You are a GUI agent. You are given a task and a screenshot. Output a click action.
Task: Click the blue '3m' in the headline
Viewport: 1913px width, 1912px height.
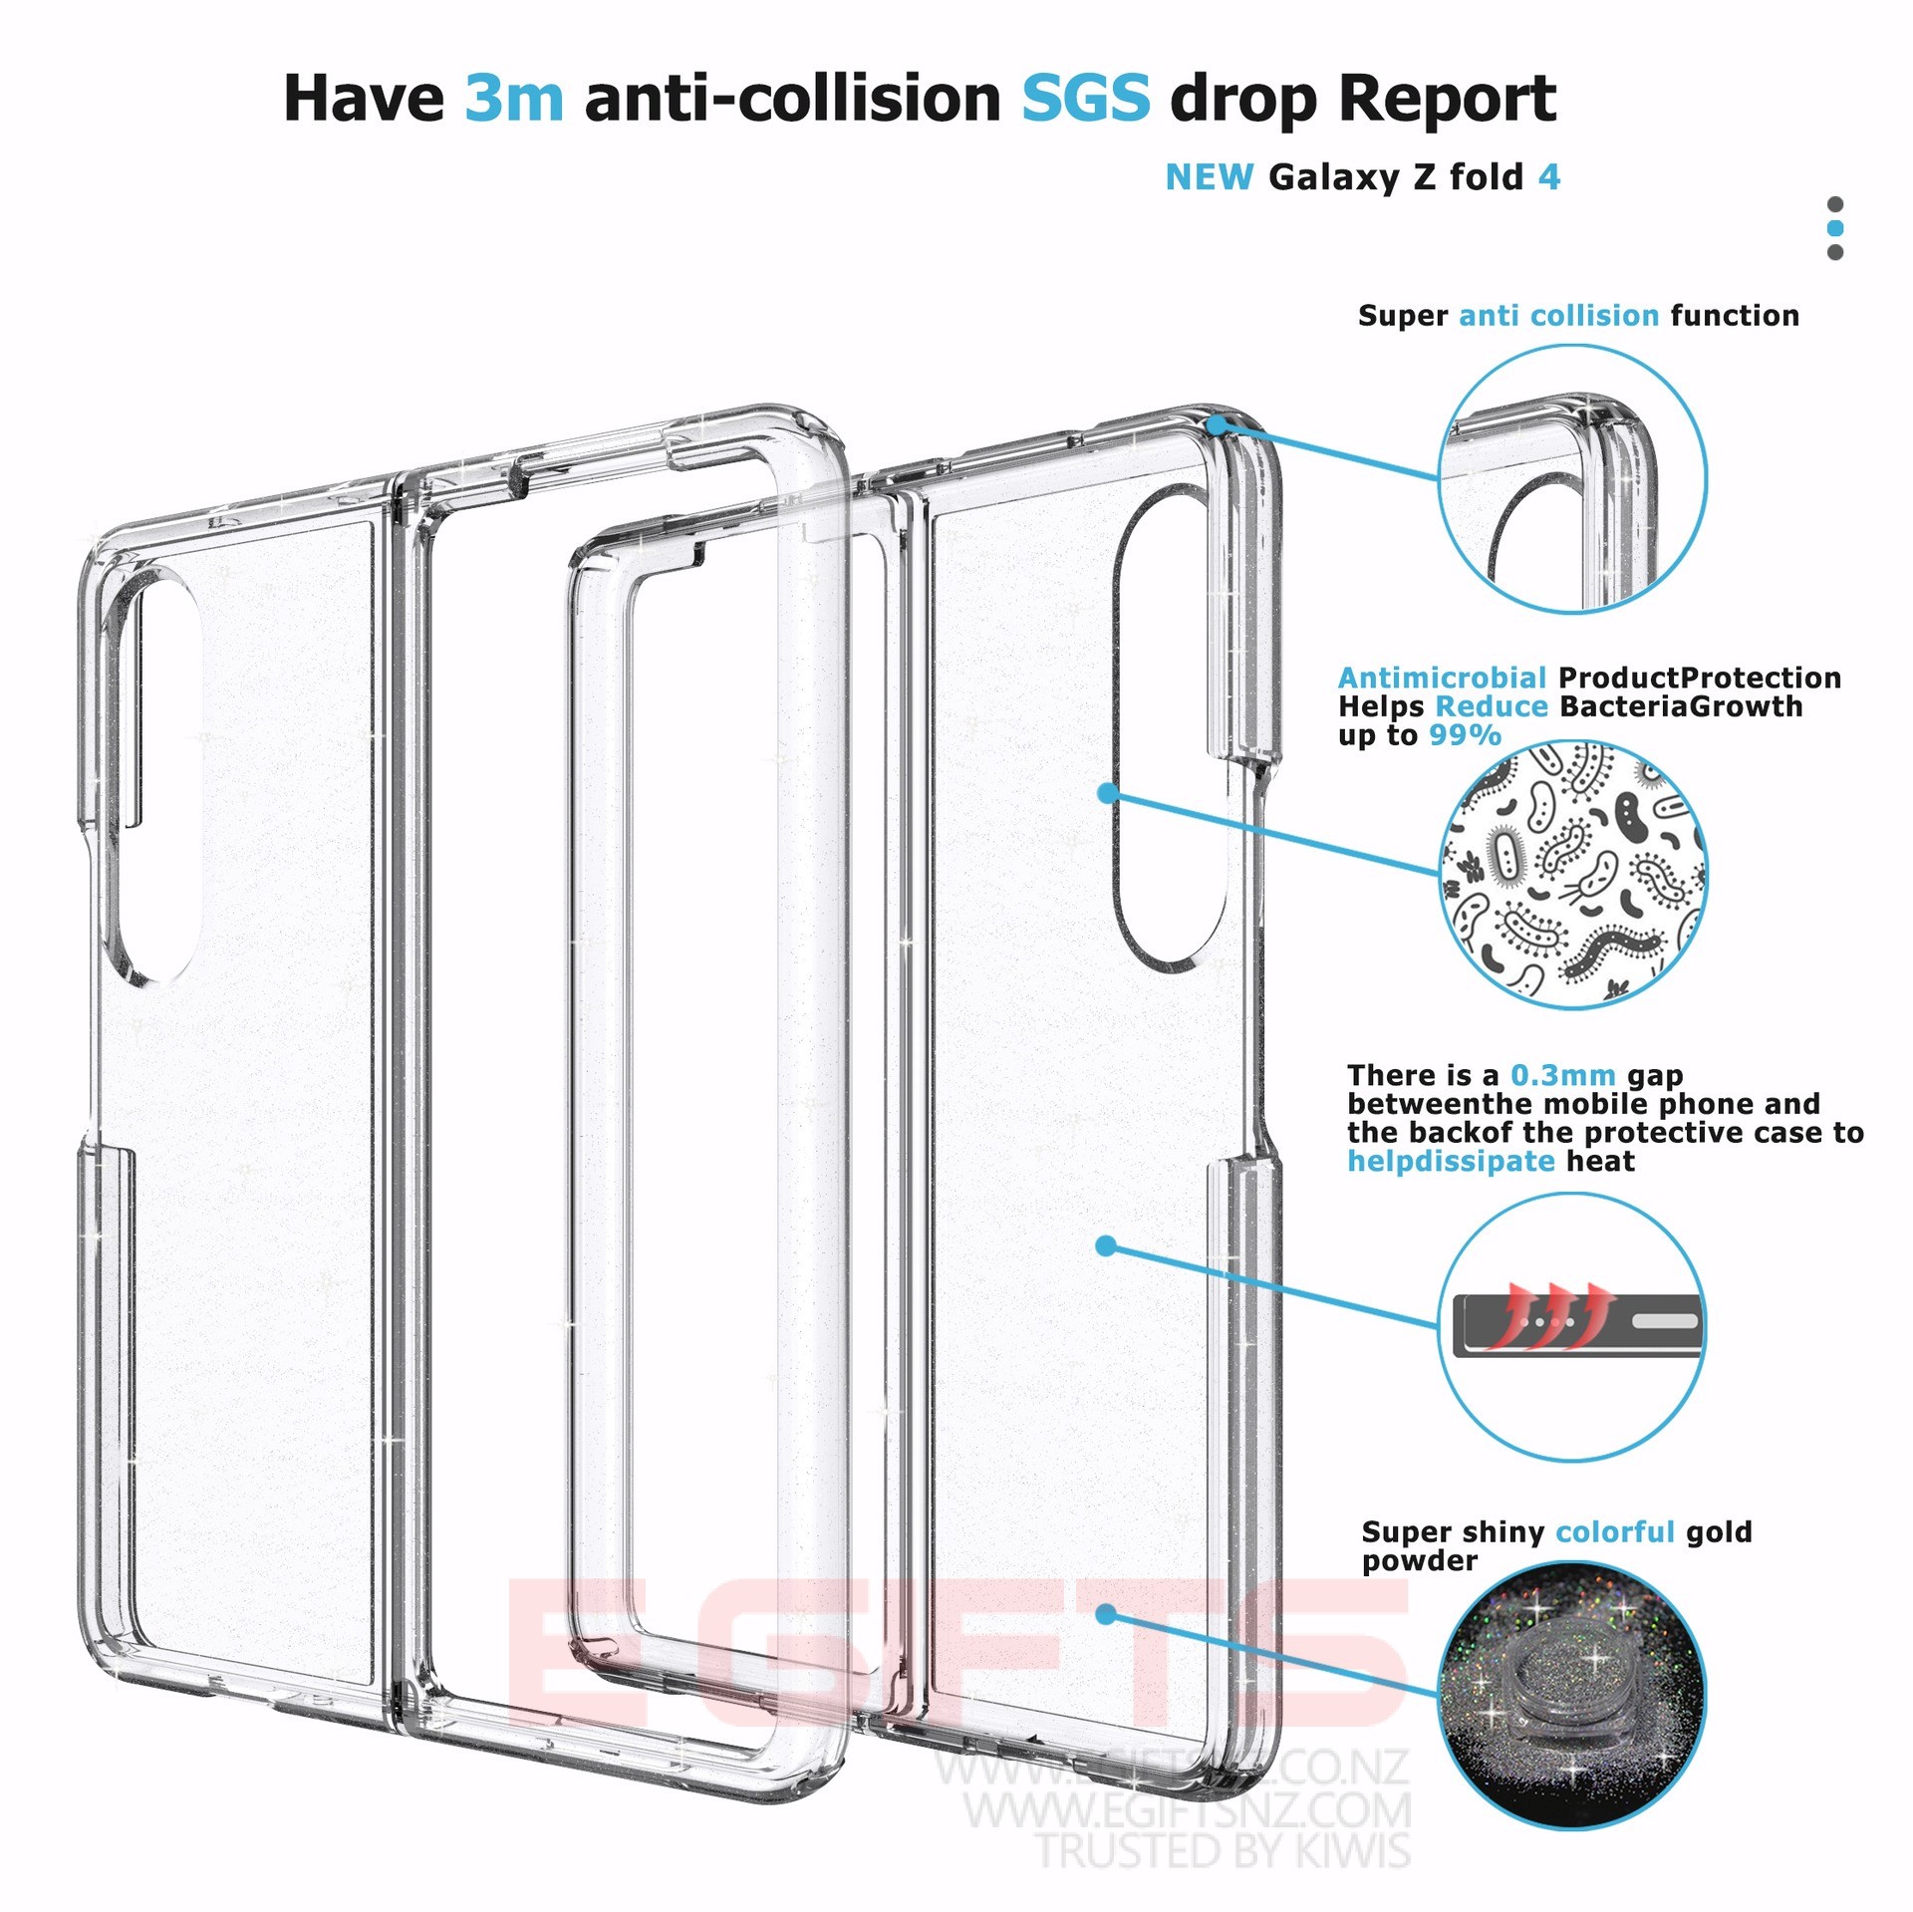[x=514, y=99]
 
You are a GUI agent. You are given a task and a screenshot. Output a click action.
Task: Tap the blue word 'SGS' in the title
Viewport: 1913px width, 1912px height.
[x=1086, y=99]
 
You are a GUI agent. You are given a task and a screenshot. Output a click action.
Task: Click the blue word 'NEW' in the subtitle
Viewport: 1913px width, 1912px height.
[x=1209, y=177]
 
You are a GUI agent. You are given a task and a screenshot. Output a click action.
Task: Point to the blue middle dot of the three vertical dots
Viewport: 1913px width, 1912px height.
[x=1835, y=228]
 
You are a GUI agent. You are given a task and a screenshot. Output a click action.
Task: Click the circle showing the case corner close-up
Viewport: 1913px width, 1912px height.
[x=1572, y=479]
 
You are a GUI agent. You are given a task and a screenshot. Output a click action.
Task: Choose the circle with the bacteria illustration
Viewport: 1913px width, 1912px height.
[x=1572, y=874]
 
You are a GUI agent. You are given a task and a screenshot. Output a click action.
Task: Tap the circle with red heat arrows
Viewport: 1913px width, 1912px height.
[x=1572, y=1326]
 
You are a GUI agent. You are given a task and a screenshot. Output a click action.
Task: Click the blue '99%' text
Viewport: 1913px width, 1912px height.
[x=1465, y=735]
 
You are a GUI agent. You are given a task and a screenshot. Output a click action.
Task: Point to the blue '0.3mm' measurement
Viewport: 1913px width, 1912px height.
[x=1562, y=1075]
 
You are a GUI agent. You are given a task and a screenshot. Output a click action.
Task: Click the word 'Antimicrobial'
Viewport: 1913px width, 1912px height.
[x=1441, y=678]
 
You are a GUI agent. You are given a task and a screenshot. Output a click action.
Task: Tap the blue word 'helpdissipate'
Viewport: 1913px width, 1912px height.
[x=1450, y=1161]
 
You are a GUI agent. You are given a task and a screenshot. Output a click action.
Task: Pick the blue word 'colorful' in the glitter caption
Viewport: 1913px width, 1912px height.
[x=1614, y=1531]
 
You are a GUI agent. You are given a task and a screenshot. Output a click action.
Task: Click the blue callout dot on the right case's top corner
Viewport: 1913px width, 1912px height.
[x=1218, y=425]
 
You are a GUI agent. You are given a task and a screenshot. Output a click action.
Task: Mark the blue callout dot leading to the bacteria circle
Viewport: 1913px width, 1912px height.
[x=1107, y=793]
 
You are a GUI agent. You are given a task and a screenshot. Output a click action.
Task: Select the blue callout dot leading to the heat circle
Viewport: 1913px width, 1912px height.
[x=1106, y=1245]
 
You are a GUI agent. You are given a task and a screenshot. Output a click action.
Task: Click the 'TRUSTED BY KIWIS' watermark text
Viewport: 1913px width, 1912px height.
[x=1224, y=1850]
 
